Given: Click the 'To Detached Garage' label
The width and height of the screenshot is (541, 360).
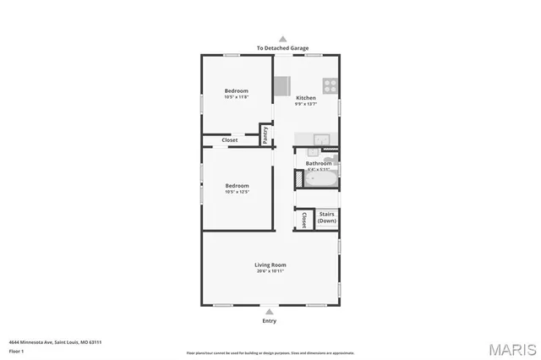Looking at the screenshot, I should click(283, 48).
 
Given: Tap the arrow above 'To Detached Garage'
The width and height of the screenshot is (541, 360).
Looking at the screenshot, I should click(283, 39).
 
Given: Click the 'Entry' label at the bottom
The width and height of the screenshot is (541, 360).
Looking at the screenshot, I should click(270, 321).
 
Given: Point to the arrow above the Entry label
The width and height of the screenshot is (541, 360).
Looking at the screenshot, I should click(270, 312).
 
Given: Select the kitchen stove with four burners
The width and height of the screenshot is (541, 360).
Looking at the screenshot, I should click(331, 85).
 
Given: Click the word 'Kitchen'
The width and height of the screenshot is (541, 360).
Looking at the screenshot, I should click(305, 98).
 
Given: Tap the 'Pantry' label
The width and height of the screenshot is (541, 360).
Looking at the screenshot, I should click(265, 136).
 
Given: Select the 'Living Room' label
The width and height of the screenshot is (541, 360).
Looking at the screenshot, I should click(270, 265).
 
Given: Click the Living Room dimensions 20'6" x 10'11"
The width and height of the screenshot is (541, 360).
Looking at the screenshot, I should click(270, 271).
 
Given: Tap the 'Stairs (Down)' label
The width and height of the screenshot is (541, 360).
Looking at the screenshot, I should click(326, 217).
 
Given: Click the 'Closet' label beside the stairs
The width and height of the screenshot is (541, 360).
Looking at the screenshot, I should click(303, 220).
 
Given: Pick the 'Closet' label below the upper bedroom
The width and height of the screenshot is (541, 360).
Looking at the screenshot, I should click(229, 140).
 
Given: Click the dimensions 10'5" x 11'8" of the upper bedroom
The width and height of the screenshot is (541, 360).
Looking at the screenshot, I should click(237, 97).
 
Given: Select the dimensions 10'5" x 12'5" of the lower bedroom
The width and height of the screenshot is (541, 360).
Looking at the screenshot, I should click(237, 192).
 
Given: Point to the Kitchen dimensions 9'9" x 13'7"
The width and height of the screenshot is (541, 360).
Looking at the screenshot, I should click(305, 105).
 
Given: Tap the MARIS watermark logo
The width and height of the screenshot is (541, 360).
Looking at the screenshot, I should click(511, 349).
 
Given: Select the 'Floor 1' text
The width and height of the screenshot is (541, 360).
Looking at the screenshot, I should click(16, 351).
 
